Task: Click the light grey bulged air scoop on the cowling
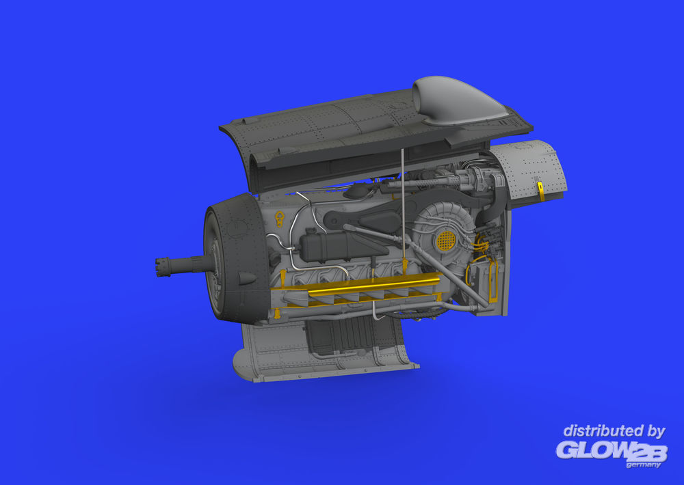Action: [x=458, y=100]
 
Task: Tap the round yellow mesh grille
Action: [x=446, y=240]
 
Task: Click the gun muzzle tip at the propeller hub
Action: [x=159, y=266]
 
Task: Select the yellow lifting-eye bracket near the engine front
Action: [x=279, y=219]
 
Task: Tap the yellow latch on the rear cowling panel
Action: [x=541, y=192]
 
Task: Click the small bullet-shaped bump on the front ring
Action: [x=246, y=278]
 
